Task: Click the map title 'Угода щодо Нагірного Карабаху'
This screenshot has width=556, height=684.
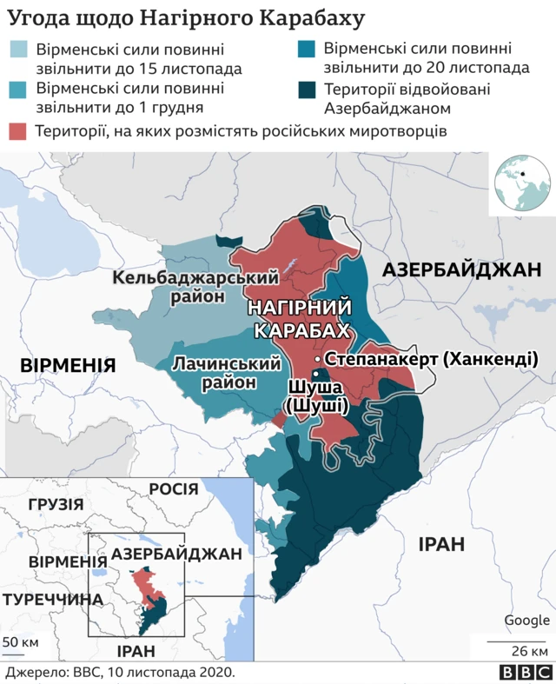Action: tap(186, 18)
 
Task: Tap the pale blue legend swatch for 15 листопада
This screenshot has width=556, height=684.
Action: tap(18, 50)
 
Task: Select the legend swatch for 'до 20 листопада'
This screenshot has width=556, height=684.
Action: tap(306, 50)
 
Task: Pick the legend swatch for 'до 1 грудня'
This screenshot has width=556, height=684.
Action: tap(18, 89)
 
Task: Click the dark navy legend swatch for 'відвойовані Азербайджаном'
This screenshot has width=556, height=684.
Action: tap(306, 89)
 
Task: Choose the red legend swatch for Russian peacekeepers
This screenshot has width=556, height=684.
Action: tap(18, 131)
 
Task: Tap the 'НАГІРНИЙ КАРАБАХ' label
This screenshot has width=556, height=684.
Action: tap(301, 319)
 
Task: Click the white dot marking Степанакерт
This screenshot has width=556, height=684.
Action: tap(319, 358)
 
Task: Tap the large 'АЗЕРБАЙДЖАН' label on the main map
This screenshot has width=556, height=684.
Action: tap(461, 270)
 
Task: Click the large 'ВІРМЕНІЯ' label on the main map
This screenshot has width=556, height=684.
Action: tap(68, 363)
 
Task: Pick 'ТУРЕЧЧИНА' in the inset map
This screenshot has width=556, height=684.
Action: tap(52, 599)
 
